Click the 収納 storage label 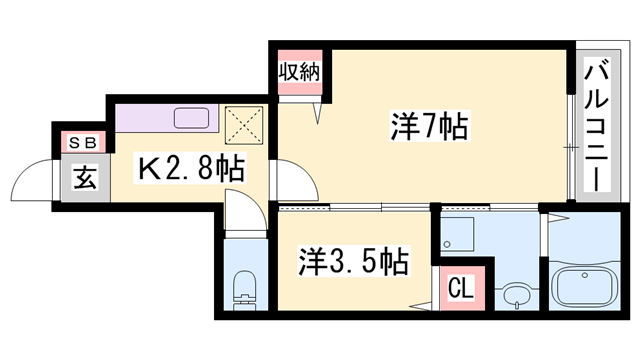(x=300, y=73)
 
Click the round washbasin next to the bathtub (x=516, y=296)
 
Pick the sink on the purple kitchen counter (x=193, y=118)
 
